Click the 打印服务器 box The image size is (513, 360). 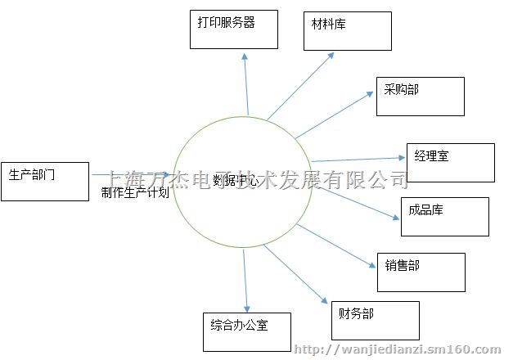coord(235,29)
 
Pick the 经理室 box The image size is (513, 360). coord(450,162)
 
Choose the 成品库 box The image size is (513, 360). coord(444,216)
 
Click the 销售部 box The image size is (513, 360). coord(421,272)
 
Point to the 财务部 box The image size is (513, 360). coord(375,320)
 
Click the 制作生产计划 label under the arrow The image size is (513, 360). coord(135,193)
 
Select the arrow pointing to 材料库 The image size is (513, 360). coord(299,87)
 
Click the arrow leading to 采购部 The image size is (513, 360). coord(335,115)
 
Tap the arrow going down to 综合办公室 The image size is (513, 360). coord(245,278)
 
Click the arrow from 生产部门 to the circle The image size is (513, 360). coord(131,174)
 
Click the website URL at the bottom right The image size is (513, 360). coord(402,350)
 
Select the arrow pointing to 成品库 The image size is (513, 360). coord(356,203)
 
